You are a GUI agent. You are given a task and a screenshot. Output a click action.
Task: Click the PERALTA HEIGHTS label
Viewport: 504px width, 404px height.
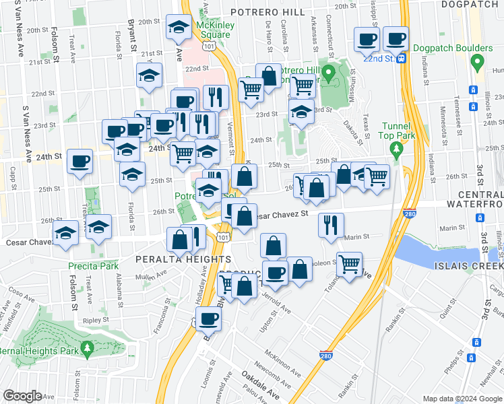183,259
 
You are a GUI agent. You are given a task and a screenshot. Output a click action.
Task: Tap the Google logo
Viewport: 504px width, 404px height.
23,396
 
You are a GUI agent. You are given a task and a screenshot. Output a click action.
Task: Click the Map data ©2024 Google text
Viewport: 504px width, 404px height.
462,399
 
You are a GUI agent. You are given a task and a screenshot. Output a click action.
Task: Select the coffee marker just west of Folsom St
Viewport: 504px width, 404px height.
80,161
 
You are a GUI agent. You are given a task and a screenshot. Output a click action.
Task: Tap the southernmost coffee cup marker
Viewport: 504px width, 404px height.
209,318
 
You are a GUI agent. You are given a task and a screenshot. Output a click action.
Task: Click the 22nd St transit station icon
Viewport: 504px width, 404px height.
402,59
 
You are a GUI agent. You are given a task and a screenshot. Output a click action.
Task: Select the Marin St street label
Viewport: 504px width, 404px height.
356,236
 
